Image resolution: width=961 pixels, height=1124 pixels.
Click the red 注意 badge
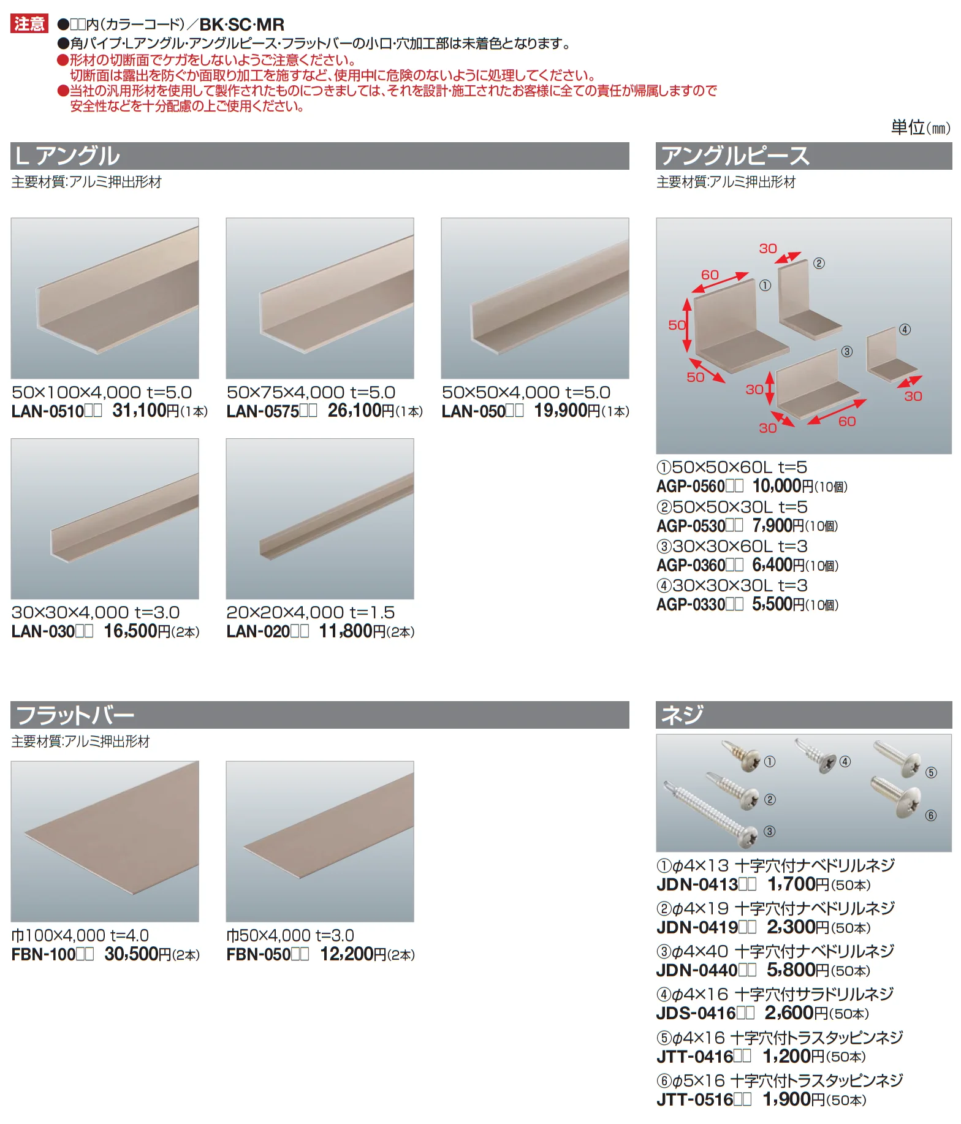(x=29, y=24)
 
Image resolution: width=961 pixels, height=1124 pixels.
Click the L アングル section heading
(x=68, y=156)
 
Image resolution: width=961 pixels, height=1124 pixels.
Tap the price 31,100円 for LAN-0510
(x=146, y=411)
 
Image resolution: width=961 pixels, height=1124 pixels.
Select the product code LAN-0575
(x=263, y=411)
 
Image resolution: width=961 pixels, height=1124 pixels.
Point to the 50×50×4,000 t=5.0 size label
(x=526, y=392)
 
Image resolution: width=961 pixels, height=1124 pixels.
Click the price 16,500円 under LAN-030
(x=137, y=631)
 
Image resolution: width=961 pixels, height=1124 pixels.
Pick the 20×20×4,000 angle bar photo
(x=320, y=518)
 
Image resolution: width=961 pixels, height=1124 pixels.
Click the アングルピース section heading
(x=735, y=156)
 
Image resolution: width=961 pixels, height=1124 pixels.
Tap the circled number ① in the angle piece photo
(x=765, y=285)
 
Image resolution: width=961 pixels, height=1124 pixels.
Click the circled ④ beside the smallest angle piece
(x=905, y=330)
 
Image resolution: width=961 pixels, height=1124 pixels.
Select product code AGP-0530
(x=691, y=526)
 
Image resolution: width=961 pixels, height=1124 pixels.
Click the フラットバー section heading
(x=75, y=715)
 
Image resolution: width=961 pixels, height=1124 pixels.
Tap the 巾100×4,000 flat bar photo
(x=105, y=841)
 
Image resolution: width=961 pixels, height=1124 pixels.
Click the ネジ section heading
(x=682, y=715)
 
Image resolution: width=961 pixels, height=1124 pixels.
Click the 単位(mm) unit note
(x=921, y=127)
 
